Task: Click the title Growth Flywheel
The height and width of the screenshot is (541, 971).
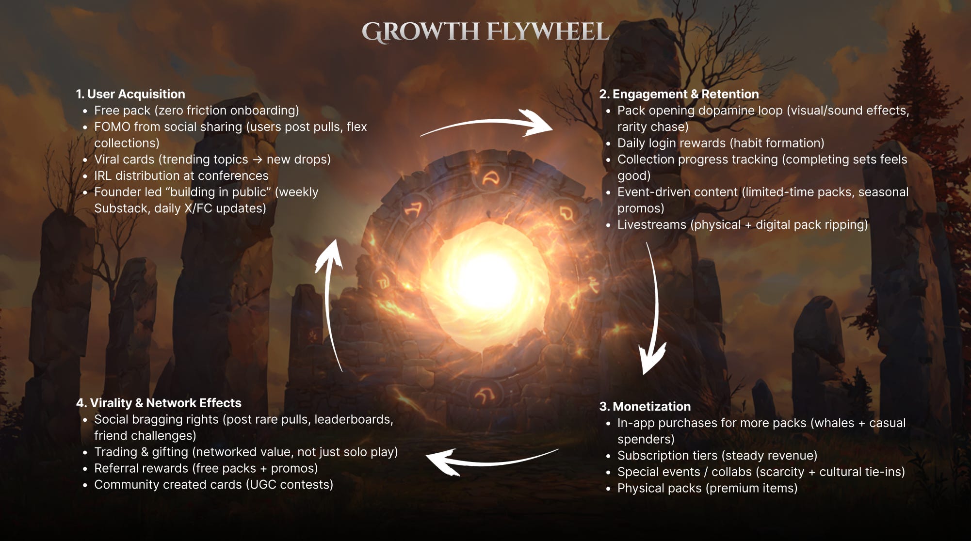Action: (485, 32)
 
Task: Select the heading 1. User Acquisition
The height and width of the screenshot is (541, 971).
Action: (130, 94)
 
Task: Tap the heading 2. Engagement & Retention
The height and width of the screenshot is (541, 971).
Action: (679, 94)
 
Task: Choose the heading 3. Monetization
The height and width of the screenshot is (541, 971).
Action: (645, 406)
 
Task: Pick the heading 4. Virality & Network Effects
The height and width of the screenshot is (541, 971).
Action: (159, 403)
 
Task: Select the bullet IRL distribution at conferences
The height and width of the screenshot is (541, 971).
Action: (181, 175)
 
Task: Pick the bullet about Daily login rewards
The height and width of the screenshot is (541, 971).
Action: (720, 143)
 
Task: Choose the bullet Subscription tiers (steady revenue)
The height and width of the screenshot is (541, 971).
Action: (717, 456)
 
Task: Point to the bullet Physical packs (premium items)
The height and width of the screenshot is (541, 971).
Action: (707, 488)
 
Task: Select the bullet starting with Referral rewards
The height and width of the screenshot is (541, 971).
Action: (206, 468)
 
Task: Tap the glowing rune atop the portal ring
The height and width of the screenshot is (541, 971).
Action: (491, 179)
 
